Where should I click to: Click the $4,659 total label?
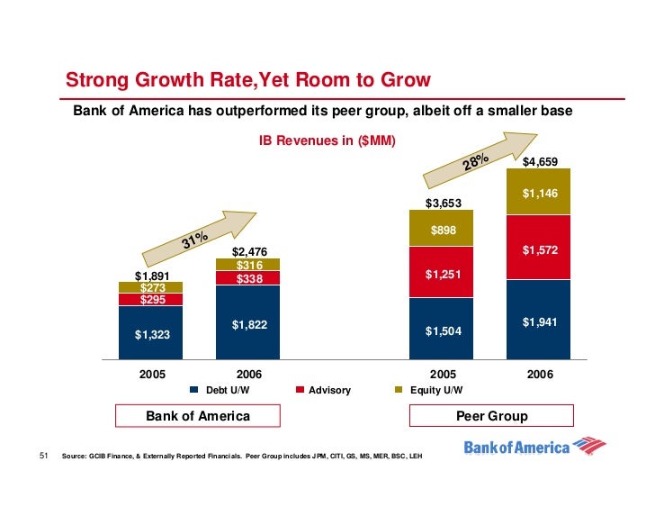(x=540, y=162)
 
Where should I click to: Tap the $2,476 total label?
(x=249, y=251)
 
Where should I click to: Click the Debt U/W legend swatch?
(x=194, y=391)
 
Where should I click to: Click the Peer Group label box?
(x=491, y=416)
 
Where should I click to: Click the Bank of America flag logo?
(x=588, y=446)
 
